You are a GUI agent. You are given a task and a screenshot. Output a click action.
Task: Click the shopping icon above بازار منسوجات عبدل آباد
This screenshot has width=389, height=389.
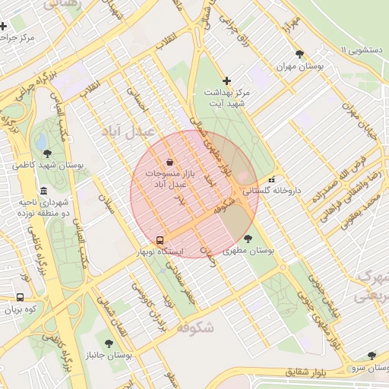click(x=169, y=161)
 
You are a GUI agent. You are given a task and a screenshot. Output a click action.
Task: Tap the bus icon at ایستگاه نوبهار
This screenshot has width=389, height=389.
click(x=160, y=239)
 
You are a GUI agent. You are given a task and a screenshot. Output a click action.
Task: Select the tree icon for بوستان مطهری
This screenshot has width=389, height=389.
click(x=248, y=239)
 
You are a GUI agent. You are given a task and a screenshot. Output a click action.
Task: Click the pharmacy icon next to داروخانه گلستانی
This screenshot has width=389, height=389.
click(x=272, y=180)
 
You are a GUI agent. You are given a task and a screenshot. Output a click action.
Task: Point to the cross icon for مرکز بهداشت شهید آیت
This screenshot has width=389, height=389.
click(x=226, y=81)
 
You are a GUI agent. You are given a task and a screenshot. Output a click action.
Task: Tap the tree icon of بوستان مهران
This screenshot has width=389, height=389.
click(x=299, y=54)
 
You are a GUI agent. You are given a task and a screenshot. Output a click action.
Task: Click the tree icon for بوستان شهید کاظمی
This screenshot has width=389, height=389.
click(x=47, y=153)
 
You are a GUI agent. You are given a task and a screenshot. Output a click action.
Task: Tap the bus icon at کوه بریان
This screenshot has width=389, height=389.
click(x=19, y=297)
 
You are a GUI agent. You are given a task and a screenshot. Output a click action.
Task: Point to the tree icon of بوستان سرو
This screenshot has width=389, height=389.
click(x=372, y=355)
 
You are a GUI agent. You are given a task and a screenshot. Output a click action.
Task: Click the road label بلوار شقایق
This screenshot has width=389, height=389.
click(x=309, y=373)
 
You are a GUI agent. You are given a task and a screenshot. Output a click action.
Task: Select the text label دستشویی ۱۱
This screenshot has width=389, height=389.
click(x=365, y=50)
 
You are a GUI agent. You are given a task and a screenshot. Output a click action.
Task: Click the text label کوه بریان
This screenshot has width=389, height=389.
click(x=21, y=309)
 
